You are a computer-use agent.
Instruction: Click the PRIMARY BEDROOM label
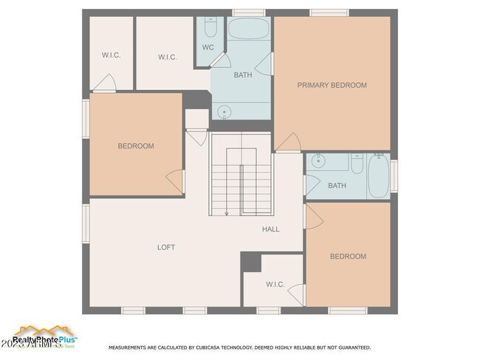[x=332, y=86]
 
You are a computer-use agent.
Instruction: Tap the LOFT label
[x=166, y=247]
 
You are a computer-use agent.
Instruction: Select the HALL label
[x=271, y=229]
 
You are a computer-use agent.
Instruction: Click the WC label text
[x=208, y=48]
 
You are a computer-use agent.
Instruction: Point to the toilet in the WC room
[x=210, y=29]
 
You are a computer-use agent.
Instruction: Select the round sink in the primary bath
[x=225, y=111]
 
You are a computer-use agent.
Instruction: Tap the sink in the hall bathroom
[x=319, y=162]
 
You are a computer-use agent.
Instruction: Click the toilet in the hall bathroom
[x=357, y=163]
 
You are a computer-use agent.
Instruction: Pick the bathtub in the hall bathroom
[x=378, y=176]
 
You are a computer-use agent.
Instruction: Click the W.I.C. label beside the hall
[x=275, y=284]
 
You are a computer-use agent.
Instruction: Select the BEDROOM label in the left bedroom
[x=136, y=146]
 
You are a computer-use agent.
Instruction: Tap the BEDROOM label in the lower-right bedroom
[x=348, y=257]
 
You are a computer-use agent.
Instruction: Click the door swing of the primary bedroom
[x=288, y=142]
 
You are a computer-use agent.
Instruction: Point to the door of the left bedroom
[x=175, y=179]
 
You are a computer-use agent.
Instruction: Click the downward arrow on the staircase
[x=227, y=212]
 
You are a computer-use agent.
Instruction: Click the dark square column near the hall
[x=251, y=262]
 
